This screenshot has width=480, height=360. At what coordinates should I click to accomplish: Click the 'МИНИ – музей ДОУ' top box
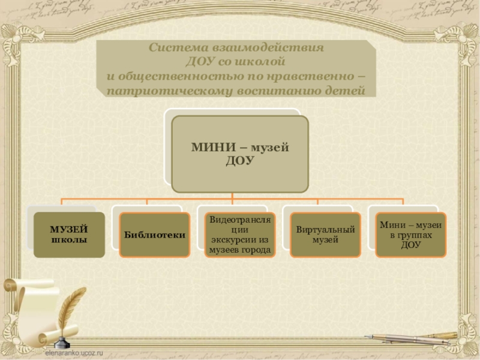[240, 154]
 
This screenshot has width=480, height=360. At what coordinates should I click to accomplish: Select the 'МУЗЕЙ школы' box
[68, 235]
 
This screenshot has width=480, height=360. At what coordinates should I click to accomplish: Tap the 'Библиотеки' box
[154, 235]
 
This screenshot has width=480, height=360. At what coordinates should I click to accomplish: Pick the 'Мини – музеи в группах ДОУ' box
[411, 235]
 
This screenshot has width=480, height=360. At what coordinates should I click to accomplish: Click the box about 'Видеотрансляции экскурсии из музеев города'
[240, 235]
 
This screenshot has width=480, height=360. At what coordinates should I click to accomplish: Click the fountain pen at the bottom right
[414, 339]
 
